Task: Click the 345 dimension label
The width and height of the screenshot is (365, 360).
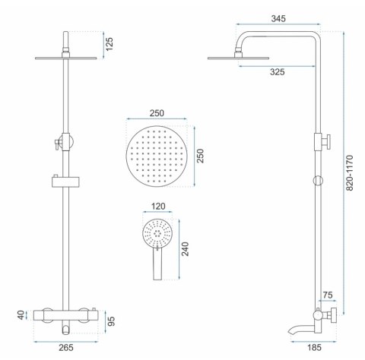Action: pos(278,18)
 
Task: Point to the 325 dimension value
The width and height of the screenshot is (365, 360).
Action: pos(277,72)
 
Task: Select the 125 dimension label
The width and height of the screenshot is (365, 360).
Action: pos(109,44)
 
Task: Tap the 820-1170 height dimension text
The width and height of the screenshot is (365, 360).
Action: pos(349,173)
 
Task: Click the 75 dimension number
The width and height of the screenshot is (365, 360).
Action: pos(328,295)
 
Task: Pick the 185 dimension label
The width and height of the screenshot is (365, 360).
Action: pos(314,348)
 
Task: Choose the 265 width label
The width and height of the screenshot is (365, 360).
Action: pos(66,348)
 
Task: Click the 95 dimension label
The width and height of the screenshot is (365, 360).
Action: pos(111,321)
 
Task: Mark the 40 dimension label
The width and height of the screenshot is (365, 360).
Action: pos(21,315)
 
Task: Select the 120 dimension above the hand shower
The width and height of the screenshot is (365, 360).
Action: pos(158,207)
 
